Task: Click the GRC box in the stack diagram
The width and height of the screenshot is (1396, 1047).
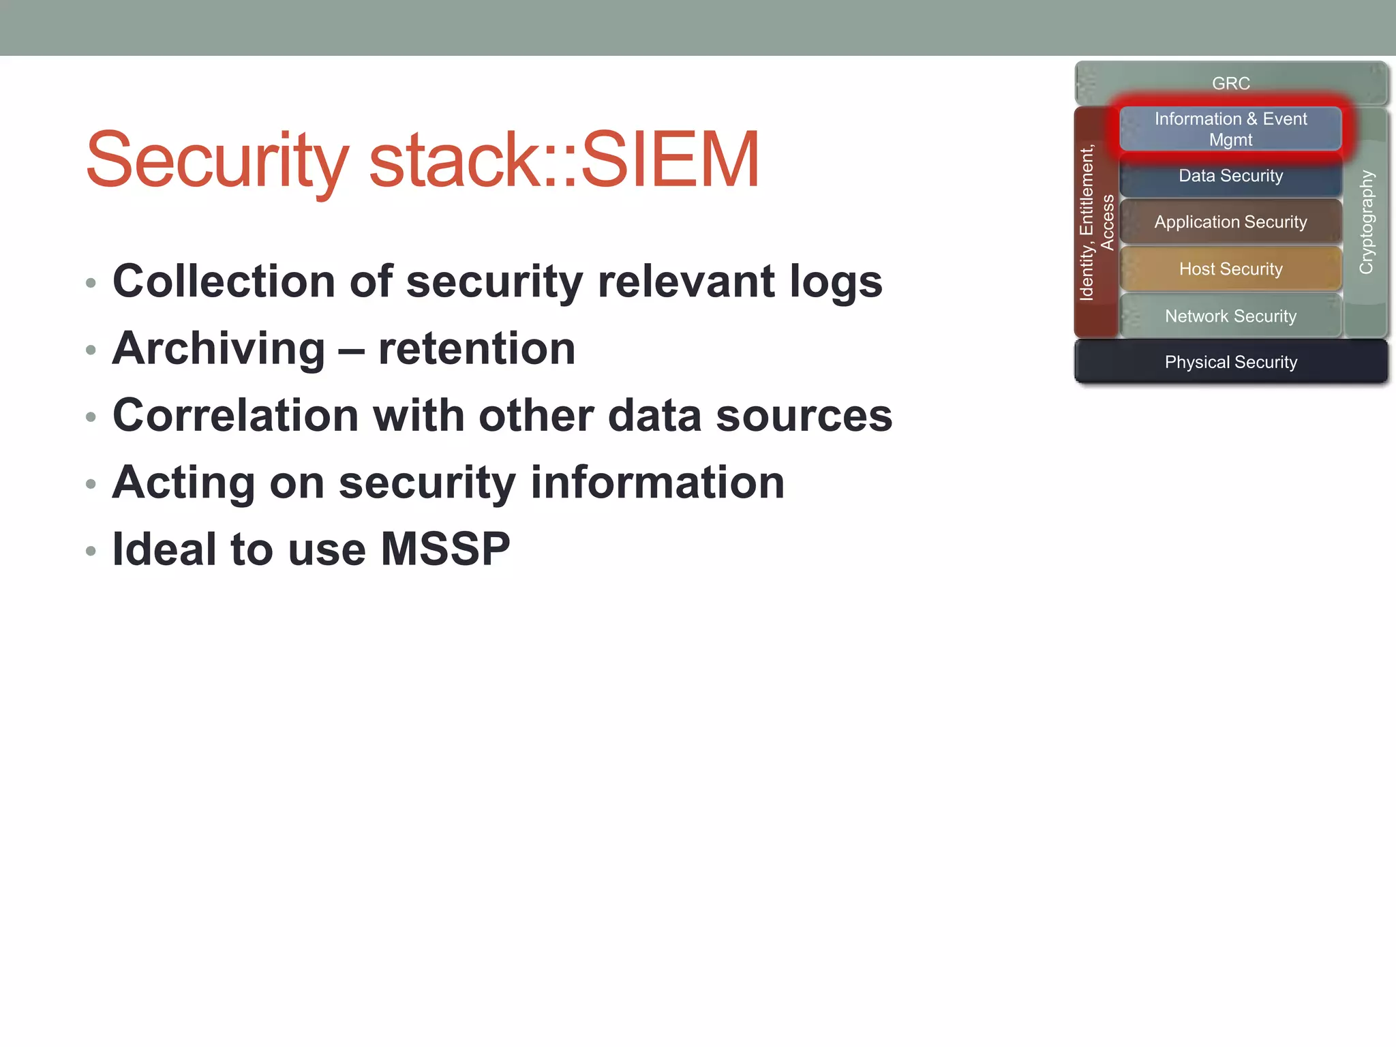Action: pyautogui.click(x=1230, y=83)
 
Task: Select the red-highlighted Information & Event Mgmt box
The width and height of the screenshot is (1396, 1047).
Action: pyautogui.click(x=1230, y=129)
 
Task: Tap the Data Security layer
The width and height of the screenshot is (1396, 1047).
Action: pyautogui.click(x=1230, y=176)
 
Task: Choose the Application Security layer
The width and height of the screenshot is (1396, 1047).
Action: pyautogui.click(x=1230, y=222)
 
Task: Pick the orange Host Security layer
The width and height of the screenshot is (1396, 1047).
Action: pyautogui.click(x=1230, y=269)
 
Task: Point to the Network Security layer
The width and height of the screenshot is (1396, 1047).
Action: pyautogui.click(x=1230, y=316)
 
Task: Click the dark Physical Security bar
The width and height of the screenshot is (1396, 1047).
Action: pyautogui.click(x=1230, y=362)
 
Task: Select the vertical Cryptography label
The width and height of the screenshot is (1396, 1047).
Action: pyautogui.click(x=1366, y=222)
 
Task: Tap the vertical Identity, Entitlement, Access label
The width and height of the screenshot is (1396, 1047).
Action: pyautogui.click(x=1095, y=222)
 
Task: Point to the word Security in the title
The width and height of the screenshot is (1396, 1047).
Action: pyautogui.click(x=217, y=160)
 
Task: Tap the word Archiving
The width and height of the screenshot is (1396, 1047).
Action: pyautogui.click(x=218, y=349)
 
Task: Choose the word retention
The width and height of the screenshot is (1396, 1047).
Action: pyautogui.click(x=476, y=349)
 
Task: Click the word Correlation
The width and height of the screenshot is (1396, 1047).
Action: pyautogui.click(x=235, y=415)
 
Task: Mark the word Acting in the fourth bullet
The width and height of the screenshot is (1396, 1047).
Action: pyautogui.click(x=183, y=483)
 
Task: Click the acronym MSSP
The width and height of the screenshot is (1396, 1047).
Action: pyautogui.click(x=445, y=549)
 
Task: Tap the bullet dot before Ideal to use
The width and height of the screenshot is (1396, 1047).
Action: pyautogui.click(x=91, y=551)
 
